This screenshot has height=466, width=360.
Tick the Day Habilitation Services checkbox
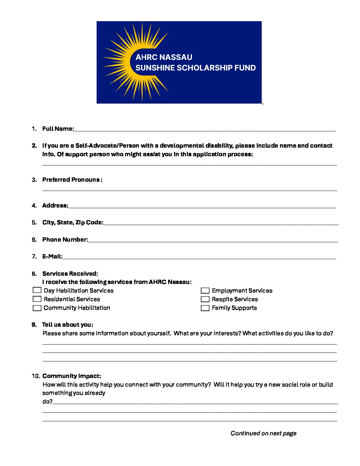pyautogui.click(x=37, y=290)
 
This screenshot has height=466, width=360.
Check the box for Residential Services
pyautogui.click(x=37, y=299)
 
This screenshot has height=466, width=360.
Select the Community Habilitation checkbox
pyautogui.click(x=37, y=308)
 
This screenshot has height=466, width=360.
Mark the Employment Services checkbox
pyautogui.click(x=205, y=291)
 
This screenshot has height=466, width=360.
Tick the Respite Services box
pyautogui.click(x=205, y=299)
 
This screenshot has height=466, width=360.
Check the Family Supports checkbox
pyautogui.click(x=205, y=308)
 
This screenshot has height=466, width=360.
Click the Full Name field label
pyautogui.click(x=58, y=129)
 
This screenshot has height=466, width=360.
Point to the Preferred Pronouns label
pyautogui.click(x=72, y=180)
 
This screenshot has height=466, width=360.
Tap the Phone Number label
pyautogui.click(x=65, y=240)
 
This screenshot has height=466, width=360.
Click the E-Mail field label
pyautogui.click(x=52, y=256)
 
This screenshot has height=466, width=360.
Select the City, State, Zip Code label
pyautogui.click(x=73, y=222)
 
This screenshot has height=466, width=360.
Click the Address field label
pyautogui.click(x=55, y=206)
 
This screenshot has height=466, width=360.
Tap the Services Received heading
pyautogui.click(x=70, y=274)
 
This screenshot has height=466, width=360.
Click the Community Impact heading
pyautogui.click(x=71, y=376)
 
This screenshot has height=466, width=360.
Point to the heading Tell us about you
pyautogui.click(x=67, y=325)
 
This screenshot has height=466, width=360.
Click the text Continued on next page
pyautogui.click(x=263, y=433)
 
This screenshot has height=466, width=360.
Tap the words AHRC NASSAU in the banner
pyautogui.click(x=164, y=57)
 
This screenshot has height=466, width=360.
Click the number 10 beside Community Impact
pyautogui.click(x=36, y=376)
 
